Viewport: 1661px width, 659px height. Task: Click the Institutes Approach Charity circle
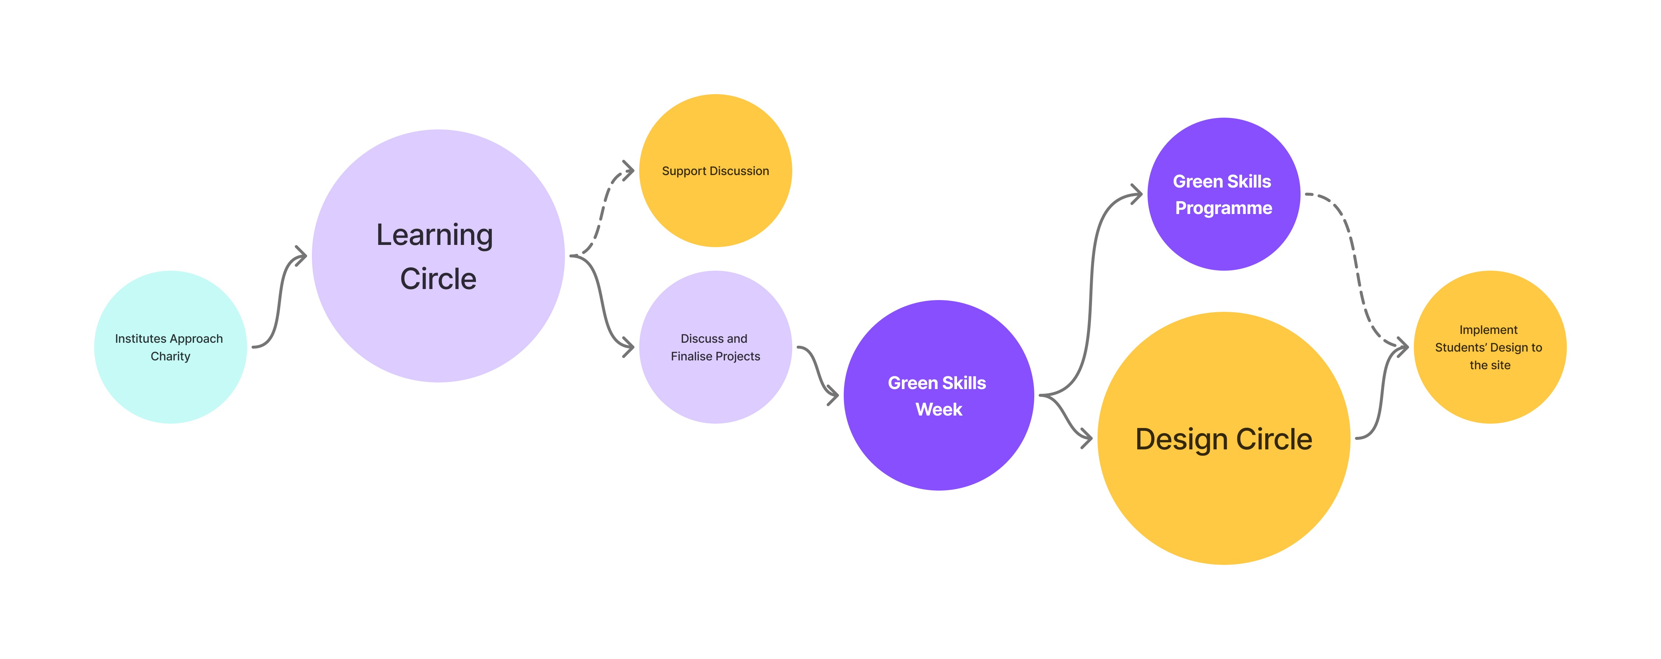[170, 387]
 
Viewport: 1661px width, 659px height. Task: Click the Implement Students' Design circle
[1490, 393]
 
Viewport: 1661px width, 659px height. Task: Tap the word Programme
[1223, 208]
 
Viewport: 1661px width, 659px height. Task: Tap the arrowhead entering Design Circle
[1088, 439]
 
